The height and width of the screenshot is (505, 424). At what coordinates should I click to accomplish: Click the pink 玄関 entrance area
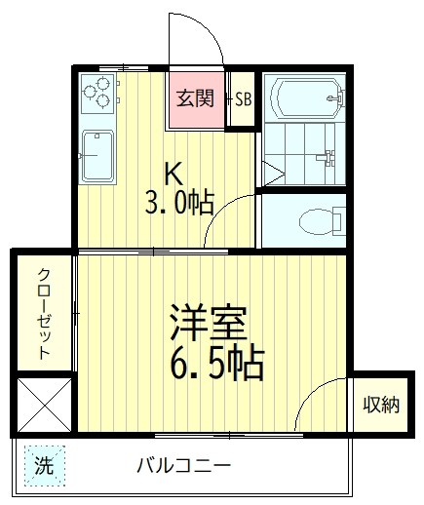195,98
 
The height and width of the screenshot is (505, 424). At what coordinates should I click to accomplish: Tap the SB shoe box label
243,99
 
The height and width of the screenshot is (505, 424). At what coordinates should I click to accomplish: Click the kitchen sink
98,155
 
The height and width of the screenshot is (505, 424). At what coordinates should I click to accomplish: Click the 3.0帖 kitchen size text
179,203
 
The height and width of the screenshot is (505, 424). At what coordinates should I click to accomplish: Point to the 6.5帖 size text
217,365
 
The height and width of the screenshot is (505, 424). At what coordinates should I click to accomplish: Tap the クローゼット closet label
45,314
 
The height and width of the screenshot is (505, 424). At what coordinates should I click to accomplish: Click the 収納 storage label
380,404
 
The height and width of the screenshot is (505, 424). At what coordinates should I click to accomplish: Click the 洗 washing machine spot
44,465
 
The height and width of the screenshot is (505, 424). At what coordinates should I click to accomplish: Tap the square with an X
45,404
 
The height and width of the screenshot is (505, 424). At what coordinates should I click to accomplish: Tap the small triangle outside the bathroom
273,176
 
